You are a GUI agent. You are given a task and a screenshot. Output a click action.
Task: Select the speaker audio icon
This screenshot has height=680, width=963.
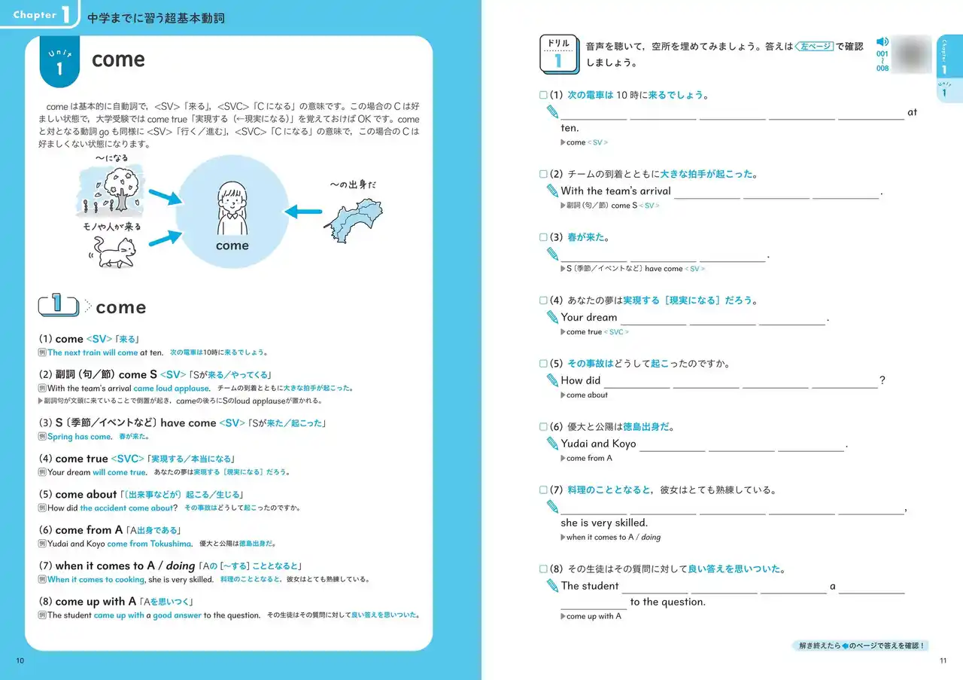click(882, 42)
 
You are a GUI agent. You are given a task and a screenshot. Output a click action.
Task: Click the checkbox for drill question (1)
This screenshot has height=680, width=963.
click(544, 96)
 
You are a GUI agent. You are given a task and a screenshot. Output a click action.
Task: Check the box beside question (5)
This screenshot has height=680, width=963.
click(544, 364)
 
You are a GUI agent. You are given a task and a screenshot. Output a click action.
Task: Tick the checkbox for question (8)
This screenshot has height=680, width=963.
click(544, 569)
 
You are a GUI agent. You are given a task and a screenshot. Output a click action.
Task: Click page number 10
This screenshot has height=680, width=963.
click(20, 661)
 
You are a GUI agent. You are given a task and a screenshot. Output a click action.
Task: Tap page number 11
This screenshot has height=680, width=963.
click(943, 661)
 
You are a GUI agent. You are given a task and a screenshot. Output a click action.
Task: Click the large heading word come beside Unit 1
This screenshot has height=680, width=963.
click(118, 60)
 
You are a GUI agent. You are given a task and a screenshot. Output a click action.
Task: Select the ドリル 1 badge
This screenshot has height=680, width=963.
click(558, 54)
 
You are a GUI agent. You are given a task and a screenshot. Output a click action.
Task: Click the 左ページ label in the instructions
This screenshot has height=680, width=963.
click(813, 47)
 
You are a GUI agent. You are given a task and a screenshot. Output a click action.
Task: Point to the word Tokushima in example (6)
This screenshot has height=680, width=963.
click(171, 544)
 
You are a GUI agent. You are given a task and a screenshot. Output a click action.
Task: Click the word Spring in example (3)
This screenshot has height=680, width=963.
click(59, 437)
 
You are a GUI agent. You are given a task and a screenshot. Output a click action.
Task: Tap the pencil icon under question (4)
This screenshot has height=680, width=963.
click(554, 318)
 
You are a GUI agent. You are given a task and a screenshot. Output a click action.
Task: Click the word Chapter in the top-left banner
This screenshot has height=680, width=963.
click(35, 15)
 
